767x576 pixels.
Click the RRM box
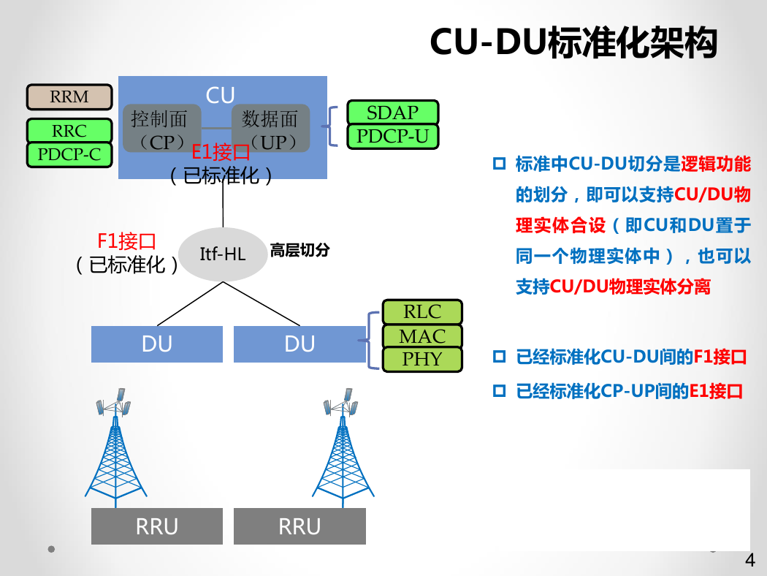point(69,97)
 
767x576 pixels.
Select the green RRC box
point(69,131)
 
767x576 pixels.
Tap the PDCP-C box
point(69,155)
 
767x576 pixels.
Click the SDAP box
point(393,113)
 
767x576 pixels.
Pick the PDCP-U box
point(393,137)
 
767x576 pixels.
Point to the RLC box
point(422,311)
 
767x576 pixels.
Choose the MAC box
point(422,336)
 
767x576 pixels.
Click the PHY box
point(422,359)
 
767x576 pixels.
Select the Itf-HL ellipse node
point(223,254)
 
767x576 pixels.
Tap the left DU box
point(157,344)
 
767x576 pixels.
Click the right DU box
point(299,344)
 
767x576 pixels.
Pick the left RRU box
point(157,526)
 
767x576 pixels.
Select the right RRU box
point(299,526)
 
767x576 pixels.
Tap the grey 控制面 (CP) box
point(162,128)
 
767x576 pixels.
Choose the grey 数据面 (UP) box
point(270,128)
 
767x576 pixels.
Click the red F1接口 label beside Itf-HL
point(126,241)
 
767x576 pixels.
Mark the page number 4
point(750,560)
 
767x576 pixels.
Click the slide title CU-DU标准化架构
point(573,42)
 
